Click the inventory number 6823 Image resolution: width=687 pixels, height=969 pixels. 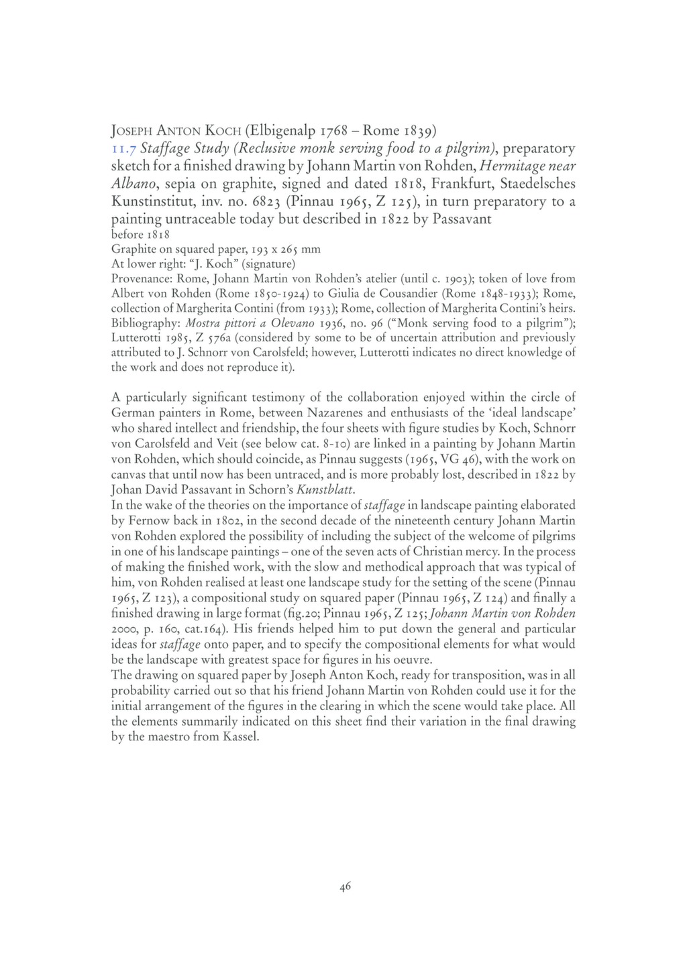[251, 202]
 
